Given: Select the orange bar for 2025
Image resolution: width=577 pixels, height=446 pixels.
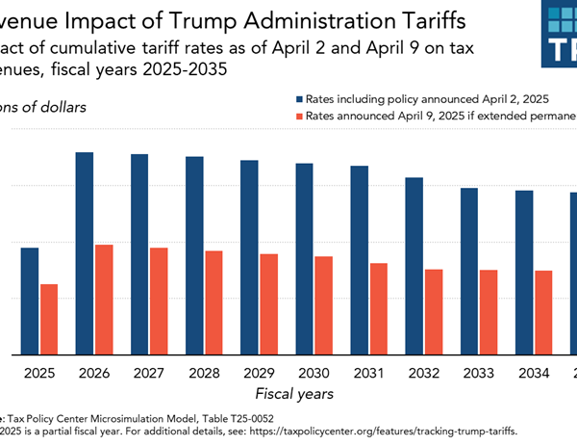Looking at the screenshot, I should coord(48,319).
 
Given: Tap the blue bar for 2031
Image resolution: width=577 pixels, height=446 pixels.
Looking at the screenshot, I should coord(360,260).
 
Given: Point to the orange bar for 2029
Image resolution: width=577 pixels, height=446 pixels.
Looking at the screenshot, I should coord(268,303).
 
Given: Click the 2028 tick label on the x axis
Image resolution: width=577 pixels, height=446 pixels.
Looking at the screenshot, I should coord(205,372).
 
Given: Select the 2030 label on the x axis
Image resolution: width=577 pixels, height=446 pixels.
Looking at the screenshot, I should coord(314,372).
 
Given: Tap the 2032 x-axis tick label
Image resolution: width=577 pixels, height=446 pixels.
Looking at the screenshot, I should coord(423,372).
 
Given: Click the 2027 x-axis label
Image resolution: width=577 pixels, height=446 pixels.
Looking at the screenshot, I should coord(149,372).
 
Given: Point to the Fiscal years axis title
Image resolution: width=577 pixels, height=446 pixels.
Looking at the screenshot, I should coord(294,393).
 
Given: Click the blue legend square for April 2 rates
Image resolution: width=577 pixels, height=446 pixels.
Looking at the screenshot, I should coord(300,99).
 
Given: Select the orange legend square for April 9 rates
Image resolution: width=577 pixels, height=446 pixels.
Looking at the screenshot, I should coord(300,117).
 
